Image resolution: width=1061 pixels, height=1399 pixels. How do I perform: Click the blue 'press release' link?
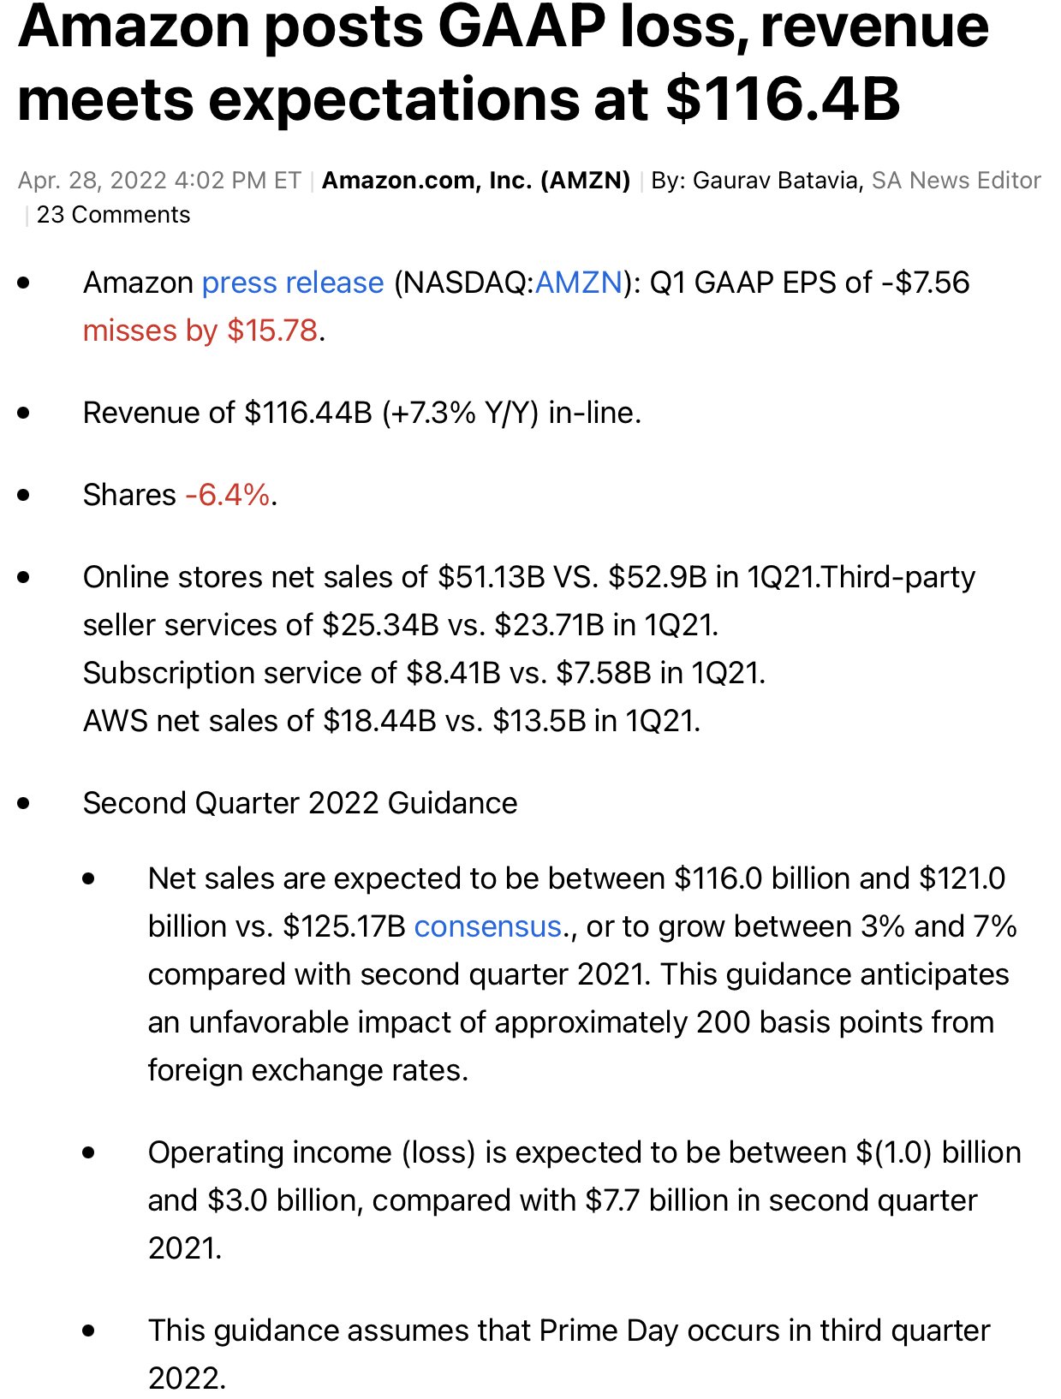(x=292, y=283)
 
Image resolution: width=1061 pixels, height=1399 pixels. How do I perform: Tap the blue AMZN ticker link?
(x=578, y=283)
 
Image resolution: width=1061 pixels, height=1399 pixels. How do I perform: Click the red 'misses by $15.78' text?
(x=200, y=330)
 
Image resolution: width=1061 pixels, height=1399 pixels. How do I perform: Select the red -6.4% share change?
(x=227, y=495)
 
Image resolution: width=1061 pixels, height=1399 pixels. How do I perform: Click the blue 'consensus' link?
(x=487, y=926)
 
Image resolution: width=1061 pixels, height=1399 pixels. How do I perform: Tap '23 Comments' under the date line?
(x=113, y=215)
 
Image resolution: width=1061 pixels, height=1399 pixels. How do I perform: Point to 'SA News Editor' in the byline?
(x=956, y=181)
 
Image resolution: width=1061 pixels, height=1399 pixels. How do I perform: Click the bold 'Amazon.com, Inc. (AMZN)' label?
(x=476, y=181)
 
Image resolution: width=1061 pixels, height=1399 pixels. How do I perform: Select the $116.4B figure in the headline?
(x=782, y=98)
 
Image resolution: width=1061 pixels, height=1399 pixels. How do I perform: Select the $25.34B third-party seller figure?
(x=380, y=625)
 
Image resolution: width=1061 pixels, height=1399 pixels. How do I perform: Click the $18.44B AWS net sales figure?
(x=379, y=721)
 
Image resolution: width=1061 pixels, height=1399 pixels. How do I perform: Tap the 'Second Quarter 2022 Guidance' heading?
(x=300, y=803)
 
